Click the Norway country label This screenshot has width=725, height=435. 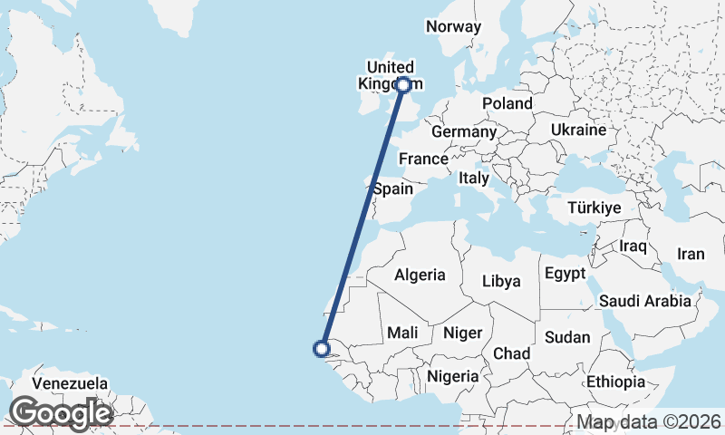pos(453,26)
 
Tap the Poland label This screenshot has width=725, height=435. pos(507,103)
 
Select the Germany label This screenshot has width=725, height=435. pos(464,131)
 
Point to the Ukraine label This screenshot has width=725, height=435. pos(578,130)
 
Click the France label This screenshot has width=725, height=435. pos(423,159)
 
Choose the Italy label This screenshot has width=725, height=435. pos(474,178)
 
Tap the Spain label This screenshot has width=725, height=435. pos(392,189)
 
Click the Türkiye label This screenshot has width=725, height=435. pos(594,208)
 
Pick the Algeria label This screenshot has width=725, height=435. pos(420,275)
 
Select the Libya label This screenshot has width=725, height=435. pos(501,281)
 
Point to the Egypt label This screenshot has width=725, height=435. pos(565,273)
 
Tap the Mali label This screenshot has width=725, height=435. pos(402,333)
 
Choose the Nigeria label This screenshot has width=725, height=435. pos(453,375)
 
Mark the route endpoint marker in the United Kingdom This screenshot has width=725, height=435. pos(403,85)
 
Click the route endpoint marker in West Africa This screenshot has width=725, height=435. pos(321,348)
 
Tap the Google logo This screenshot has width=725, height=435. pos(60,413)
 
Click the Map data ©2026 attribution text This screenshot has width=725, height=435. pos(649,422)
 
